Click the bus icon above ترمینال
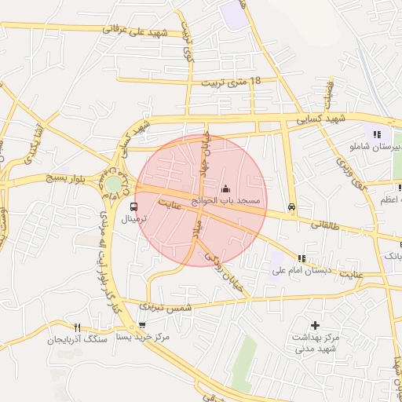click(x=133, y=207)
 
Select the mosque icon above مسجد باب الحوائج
click(x=226, y=188)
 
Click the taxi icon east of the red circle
click(x=292, y=207)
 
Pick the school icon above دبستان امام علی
click(x=301, y=258)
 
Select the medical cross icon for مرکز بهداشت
click(x=315, y=324)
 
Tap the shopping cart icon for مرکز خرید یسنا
click(x=141, y=325)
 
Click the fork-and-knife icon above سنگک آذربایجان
click(x=76, y=327)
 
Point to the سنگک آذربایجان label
click(x=75, y=340)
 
